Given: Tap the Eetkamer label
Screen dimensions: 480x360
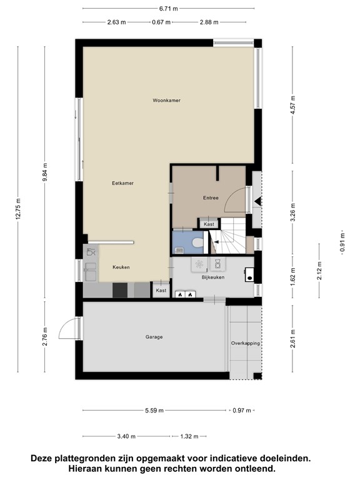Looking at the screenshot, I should pyautogui.click(x=123, y=183).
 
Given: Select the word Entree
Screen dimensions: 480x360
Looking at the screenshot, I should pyautogui.click(x=211, y=198).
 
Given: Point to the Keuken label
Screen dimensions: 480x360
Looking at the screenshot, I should pyautogui.click(x=121, y=267).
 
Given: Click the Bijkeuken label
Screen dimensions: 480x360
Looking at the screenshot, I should pyautogui.click(x=212, y=277).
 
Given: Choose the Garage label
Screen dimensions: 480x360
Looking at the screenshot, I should pyautogui.click(x=154, y=337).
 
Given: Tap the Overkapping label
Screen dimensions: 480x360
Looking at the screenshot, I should pyautogui.click(x=245, y=343).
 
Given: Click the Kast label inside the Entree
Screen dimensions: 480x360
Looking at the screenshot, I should pyautogui.click(x=209, y=224).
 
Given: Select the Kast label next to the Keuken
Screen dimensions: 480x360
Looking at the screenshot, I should pyautogui.click(x=161, y=291).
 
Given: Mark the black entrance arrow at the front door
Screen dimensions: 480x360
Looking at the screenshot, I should pyautogui.click(x=256, y=201).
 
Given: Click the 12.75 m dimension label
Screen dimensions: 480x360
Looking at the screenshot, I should pyautogui.click(x=18, y=212).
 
